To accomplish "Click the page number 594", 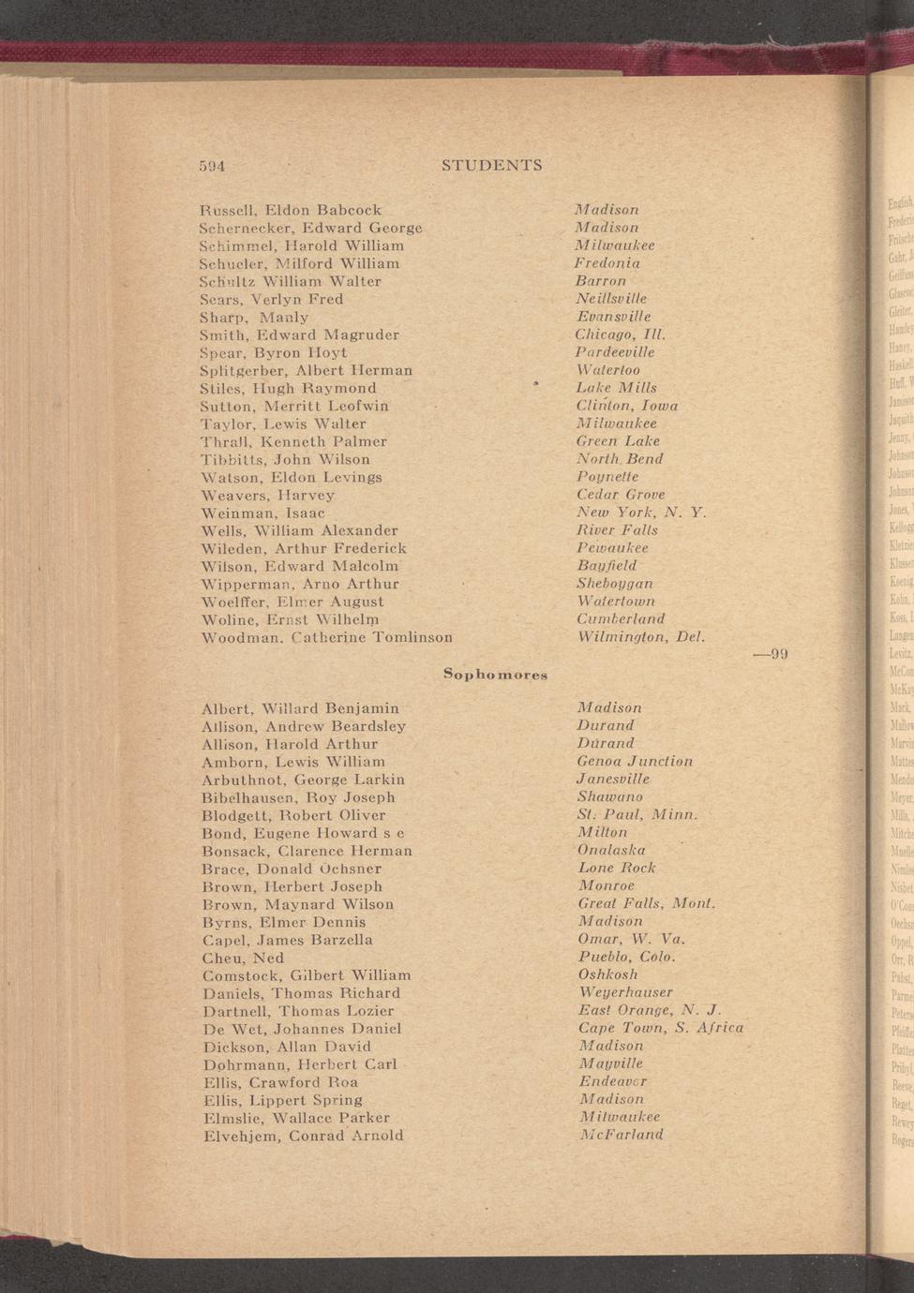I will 213,166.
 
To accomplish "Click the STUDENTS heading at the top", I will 491,166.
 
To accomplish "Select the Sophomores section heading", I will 495,674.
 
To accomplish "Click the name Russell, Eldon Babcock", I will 291,210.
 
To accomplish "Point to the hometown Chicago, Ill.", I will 620,334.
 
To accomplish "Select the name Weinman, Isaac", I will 263,513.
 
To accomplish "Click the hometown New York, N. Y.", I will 641,513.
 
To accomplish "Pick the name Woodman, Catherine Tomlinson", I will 327,637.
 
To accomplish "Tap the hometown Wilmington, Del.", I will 641,637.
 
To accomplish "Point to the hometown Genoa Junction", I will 635,762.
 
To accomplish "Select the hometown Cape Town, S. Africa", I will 661,1029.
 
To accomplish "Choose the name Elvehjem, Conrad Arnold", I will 304,1136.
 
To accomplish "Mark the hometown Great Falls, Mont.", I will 647,904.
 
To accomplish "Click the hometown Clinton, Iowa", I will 627,406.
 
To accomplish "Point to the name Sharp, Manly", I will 254,317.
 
